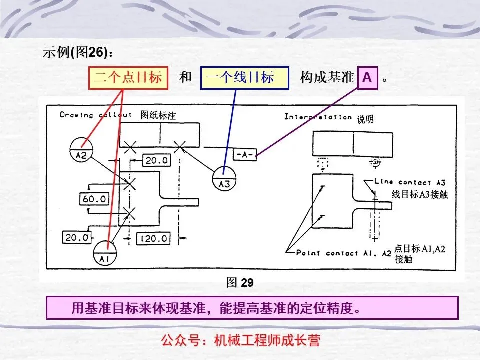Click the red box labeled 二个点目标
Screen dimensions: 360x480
coord(128,78)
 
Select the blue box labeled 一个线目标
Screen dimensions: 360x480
coord(244,78)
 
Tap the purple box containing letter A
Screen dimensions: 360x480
coord(367,78)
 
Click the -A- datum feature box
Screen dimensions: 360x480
coord(245,155)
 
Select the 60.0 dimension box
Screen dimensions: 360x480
coord(94,199)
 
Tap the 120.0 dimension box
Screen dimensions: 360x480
coord(153,238)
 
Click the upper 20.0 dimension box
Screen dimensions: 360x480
coord(157,160)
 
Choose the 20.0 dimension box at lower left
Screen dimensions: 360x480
coord(77,237)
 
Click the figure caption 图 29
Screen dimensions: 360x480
coord(240,283)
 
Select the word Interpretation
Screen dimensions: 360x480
coord(318,117)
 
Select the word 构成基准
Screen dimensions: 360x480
coord(327,78)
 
